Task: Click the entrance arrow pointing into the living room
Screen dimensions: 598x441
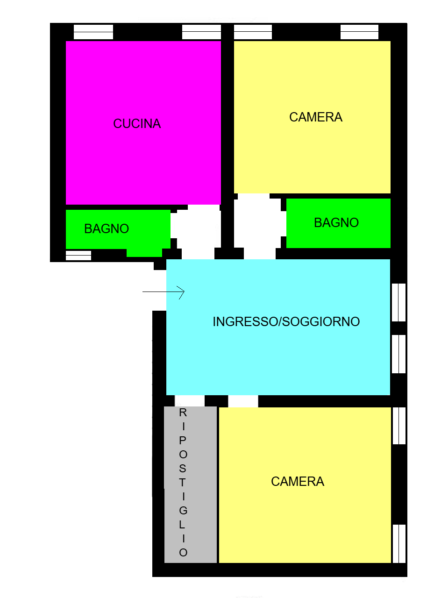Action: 164,292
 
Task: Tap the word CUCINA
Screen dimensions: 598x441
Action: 137,124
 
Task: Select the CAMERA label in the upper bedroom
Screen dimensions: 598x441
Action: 316,117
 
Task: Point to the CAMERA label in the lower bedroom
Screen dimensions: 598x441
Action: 298,482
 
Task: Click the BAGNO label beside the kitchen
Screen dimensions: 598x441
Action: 107,229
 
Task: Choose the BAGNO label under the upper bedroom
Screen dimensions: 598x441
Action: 336,223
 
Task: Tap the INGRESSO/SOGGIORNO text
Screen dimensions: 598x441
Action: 286,322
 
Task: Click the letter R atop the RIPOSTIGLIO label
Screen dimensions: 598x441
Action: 183,413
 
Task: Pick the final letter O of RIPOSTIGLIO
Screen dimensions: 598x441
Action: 183,553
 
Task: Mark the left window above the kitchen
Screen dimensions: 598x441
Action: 93,32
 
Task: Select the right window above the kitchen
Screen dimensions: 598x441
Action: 201,32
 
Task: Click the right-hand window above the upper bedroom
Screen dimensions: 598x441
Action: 359,32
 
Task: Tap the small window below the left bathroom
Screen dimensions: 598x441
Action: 78,255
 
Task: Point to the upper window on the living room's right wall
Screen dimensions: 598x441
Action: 398,302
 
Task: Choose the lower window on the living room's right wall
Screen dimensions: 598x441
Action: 398,354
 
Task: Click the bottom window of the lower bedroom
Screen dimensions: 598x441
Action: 399,544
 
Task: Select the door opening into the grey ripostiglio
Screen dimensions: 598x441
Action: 190,401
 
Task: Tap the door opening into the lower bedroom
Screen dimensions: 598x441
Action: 243,401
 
